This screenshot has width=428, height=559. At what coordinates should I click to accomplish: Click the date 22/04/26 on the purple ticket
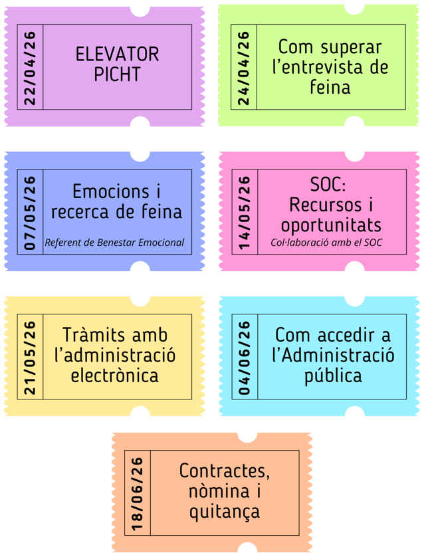pos(31,67)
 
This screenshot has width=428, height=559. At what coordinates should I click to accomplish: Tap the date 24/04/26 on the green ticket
pos(244,67)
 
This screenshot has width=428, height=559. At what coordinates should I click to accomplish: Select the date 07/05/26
pos(31,212)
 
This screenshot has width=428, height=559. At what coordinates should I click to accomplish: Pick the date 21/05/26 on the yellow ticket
pos(31,357)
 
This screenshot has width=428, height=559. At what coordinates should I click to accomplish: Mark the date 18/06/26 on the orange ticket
pos(138,493)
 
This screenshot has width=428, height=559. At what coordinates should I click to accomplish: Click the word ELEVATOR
pos(118,54)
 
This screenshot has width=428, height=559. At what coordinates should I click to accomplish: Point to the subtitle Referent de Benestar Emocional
pos(114,243)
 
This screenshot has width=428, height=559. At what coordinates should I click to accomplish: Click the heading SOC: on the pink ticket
pos(330,183)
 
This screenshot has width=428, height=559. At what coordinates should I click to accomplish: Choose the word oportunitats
pos(330,224)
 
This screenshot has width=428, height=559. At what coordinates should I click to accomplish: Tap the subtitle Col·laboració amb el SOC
pos(326,243)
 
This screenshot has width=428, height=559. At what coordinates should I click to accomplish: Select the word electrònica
pos(114,376)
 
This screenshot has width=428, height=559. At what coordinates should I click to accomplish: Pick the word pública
pos(332,376)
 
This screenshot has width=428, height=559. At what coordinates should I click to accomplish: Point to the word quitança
pos(224,512)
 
